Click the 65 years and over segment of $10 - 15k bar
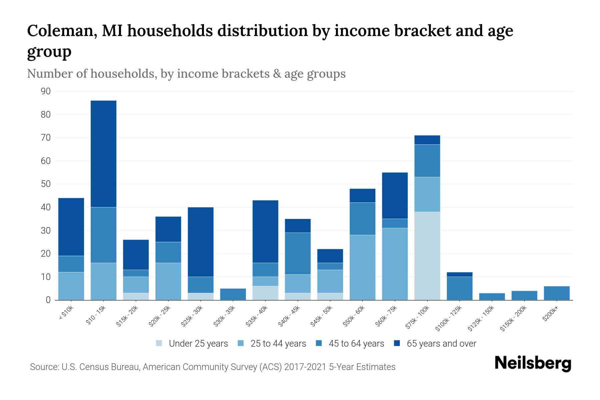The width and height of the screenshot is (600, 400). pos(103,154)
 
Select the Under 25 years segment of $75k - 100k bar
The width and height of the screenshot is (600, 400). pos(427,256)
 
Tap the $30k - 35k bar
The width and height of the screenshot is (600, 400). pos(233,294)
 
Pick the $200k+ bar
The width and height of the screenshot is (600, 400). pos(556,293)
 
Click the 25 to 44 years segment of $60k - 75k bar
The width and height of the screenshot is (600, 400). pos(395,264)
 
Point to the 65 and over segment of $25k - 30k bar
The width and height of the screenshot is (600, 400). pos(201,242)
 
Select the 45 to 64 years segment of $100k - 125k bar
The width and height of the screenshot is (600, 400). pos(459,288)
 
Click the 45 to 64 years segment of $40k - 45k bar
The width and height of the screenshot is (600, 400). pos(298,253)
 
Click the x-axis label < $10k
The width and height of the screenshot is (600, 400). pos(66,313)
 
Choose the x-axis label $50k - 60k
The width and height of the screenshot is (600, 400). pos(354,316)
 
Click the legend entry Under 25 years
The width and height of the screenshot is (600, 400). pos(198,344)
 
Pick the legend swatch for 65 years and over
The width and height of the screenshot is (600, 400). pos(397,343)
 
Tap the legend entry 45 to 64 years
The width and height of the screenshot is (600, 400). pos(356,344)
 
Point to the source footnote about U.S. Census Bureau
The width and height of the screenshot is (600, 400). pos(213,367)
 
